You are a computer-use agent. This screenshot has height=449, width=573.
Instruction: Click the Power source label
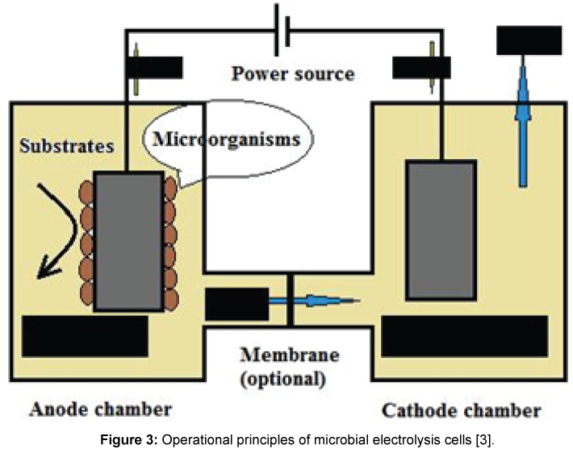click(292, 74)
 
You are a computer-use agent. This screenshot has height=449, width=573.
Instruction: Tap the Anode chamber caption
click(100, 410)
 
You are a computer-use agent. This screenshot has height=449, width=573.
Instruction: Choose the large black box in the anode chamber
click(85, 335)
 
